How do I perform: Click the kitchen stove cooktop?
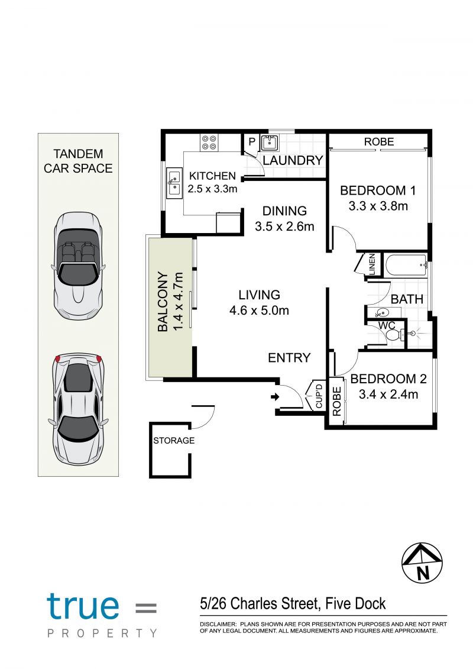click(x=209, y=142)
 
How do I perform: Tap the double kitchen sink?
click(x=174, y=183)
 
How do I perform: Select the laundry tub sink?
click(x=269, y=143)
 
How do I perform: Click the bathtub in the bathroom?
click(x=406, y=266)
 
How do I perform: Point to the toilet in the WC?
click(x=394, y=334)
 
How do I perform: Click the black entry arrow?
click(x=275, y=397)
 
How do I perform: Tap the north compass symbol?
click(x=422, y=563)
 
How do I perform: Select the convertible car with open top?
click(x=79, y=266)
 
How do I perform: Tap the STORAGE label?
click(x=174, y=440)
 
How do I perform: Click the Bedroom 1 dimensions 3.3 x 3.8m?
click(x=378, y=206)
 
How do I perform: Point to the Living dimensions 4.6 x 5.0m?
click(x=260, y=311)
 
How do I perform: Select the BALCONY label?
click(x=163, y=301)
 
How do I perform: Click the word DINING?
click(x=284, y=211)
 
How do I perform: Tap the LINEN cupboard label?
click(x=372, y=264)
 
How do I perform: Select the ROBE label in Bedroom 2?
click(x=337, y=401)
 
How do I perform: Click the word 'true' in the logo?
click(x=83, y=606)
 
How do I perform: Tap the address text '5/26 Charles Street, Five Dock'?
click(x=293, y=604)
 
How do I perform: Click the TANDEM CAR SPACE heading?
click(x=78, y=161)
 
